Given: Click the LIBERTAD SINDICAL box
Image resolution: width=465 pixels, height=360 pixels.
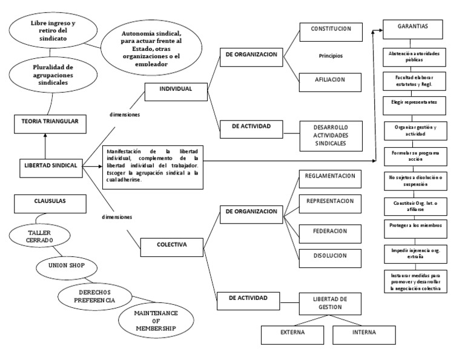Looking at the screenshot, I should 51,165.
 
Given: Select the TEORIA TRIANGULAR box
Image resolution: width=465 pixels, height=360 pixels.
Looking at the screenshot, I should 47,122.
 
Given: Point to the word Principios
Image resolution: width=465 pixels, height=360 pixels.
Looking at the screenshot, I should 331,56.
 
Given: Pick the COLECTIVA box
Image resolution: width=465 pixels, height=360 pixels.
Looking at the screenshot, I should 172,245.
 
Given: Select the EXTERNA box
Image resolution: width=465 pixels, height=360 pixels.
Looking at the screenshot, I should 293,333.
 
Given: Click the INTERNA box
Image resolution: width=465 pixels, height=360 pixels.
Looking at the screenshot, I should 363,333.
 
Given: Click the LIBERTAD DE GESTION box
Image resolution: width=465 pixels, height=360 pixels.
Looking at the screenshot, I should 330,303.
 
